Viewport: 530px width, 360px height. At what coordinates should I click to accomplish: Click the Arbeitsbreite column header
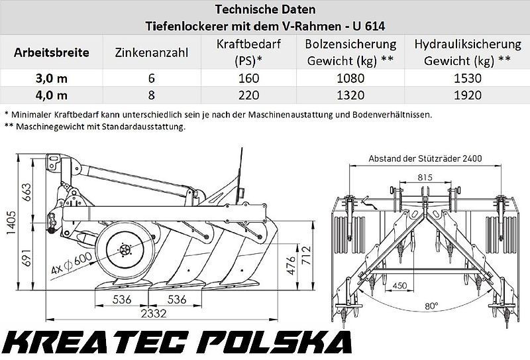(52, 52)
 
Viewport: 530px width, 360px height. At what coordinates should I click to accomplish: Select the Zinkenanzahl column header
(152, 53)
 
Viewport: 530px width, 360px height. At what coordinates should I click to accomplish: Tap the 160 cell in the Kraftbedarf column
(248, 78)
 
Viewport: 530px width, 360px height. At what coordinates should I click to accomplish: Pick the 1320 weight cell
(350, 95)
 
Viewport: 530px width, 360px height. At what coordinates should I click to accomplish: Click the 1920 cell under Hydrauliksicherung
(468, 95)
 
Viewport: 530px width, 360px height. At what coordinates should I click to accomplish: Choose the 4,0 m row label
(52, 95)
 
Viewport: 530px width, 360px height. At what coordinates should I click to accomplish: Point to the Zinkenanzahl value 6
(152, 78)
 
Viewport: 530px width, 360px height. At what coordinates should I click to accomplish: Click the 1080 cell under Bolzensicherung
(350, 78)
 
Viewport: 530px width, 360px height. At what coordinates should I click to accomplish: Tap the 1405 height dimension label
(11, 222)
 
